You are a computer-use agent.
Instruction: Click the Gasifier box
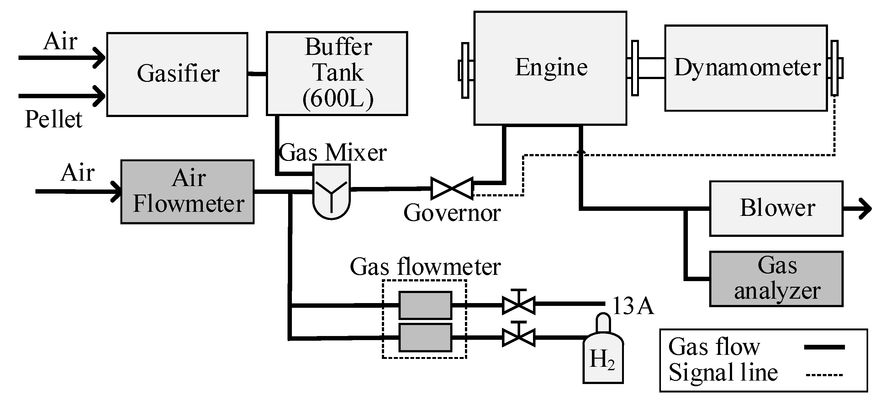[177, 74]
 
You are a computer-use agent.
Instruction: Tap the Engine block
[550, 68]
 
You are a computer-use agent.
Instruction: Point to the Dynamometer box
[746, 68]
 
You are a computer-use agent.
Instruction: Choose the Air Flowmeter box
[187, 192]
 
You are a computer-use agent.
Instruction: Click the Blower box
[776, 208]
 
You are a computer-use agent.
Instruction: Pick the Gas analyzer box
[776, 279]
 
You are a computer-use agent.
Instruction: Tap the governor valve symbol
[452, 188]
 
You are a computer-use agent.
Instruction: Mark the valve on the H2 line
[519, 337]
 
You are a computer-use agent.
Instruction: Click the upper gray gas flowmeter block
[425, 305]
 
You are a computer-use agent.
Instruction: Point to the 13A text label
[633, 306]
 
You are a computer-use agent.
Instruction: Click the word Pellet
[54, 120]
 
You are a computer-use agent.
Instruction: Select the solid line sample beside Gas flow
[824, 347]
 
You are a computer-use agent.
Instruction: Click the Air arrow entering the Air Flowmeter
[79, 192]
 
